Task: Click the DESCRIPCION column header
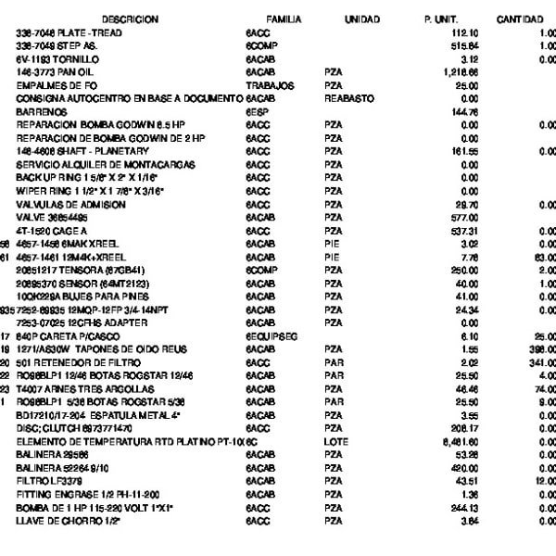tap(130, 19)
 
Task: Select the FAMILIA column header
tap(284, 19)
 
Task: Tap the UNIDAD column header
tap(361, 19)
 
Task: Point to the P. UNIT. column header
tap(440, 19)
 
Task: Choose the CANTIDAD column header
tap(520, 19)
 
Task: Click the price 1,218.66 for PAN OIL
tap(461, 70)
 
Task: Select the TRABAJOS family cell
tap(270, 84)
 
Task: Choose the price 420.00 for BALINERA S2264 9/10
tap(463, 469)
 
